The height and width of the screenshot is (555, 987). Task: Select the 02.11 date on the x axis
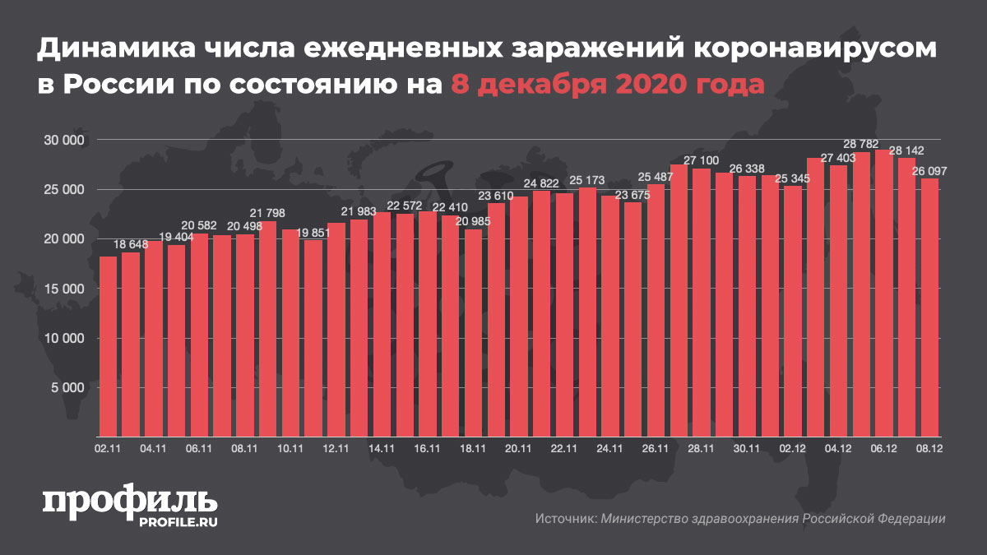click(108, 449)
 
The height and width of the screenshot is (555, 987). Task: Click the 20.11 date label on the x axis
click(518, 449)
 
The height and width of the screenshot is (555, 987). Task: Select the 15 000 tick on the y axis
click(66, 289)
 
